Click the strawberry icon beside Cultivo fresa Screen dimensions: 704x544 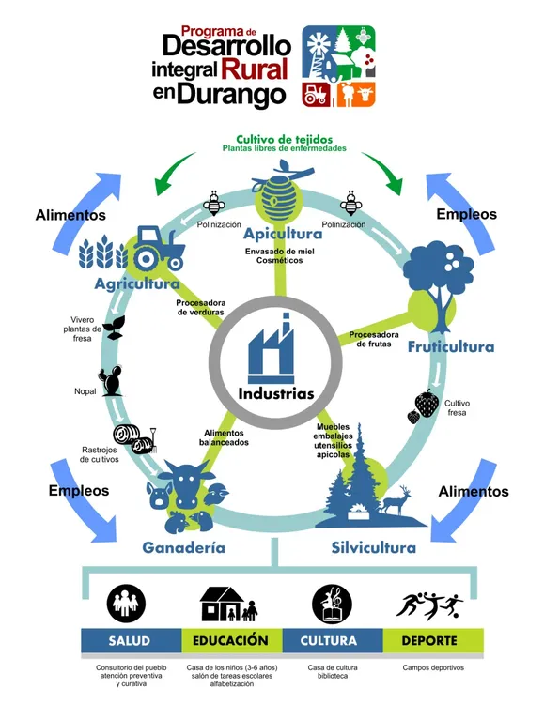pyautogui.click(x=426, y=405)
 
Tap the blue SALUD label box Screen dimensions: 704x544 pyautogui.click(x=130, y=641)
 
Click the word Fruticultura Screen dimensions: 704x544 pyautogui.click(x=450, y=347)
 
